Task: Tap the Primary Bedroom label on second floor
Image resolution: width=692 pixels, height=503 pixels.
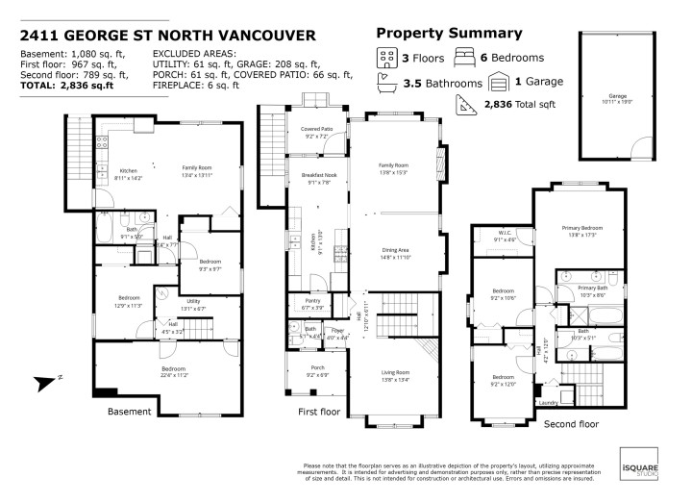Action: click(x=580, y=228)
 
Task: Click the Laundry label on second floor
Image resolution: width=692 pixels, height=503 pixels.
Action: click(x=548, y=403)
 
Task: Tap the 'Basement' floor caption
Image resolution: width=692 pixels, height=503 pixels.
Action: click(x=130, y=412)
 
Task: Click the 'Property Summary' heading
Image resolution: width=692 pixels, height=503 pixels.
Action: click(x=435, y=33)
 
